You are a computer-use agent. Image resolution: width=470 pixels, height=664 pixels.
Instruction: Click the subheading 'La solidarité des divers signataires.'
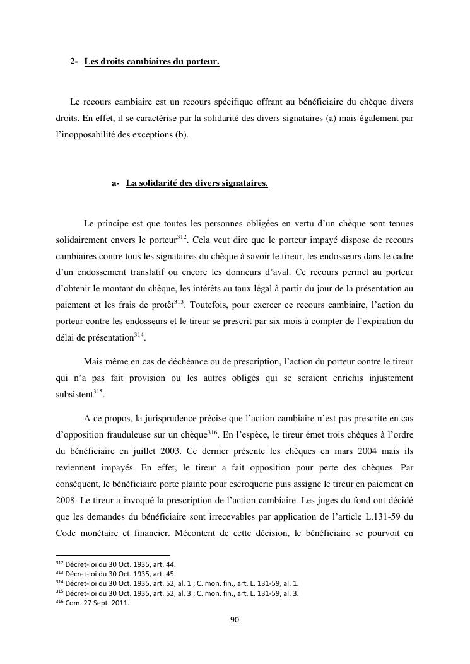(x=197, y=184)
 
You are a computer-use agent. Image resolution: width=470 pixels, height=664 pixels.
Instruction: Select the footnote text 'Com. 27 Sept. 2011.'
(x=94, y=603)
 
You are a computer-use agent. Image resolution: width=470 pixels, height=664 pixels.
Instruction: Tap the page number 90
(x=235, y=620)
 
